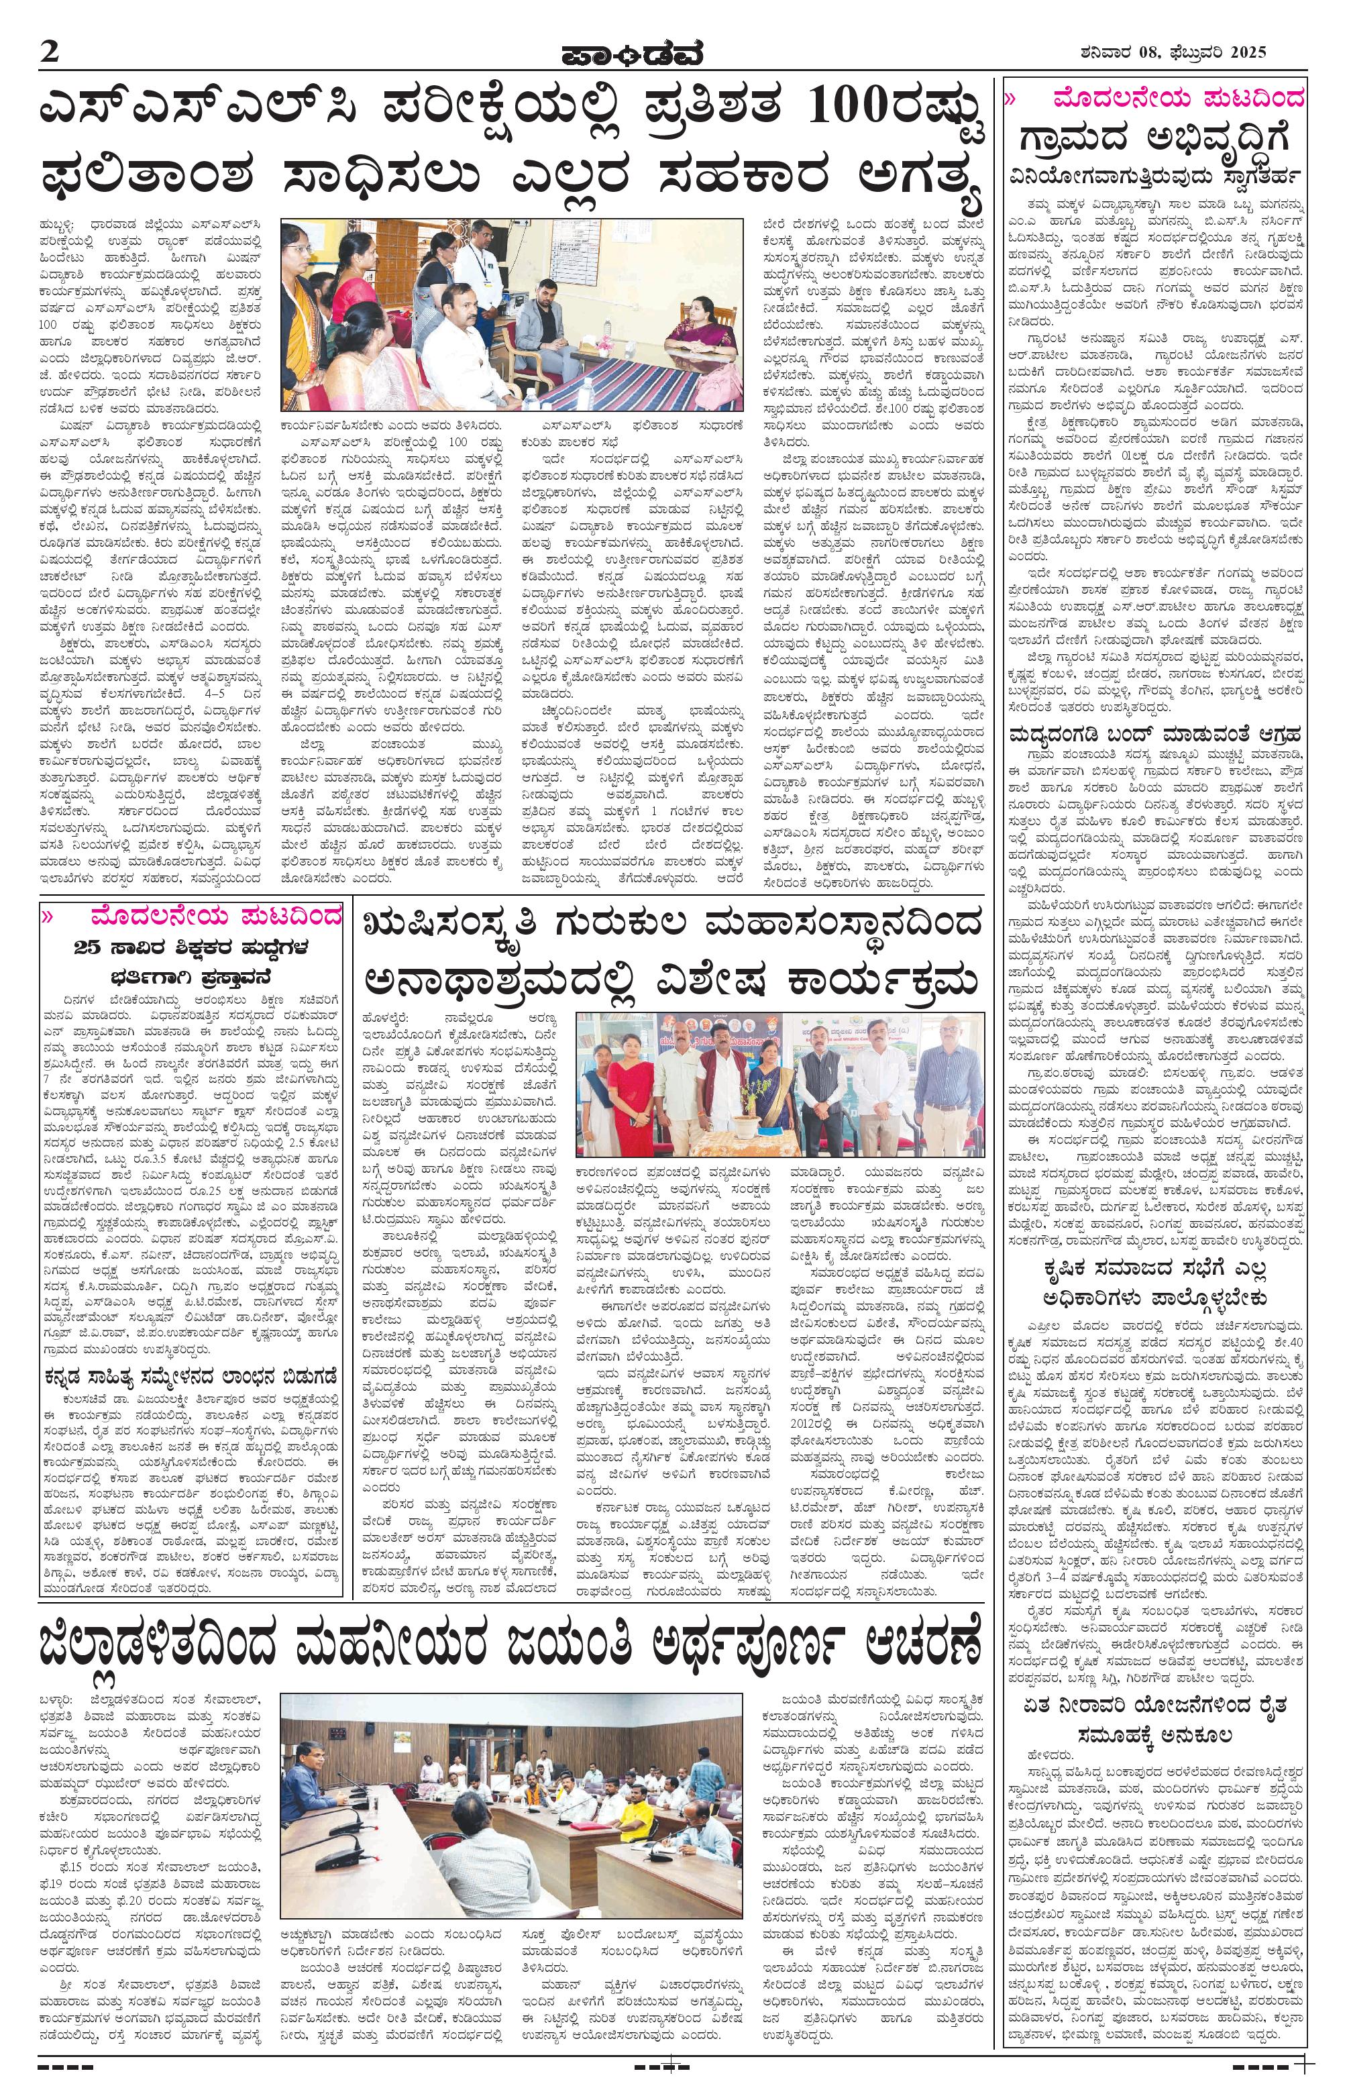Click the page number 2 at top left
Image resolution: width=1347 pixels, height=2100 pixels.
point(48,52)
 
